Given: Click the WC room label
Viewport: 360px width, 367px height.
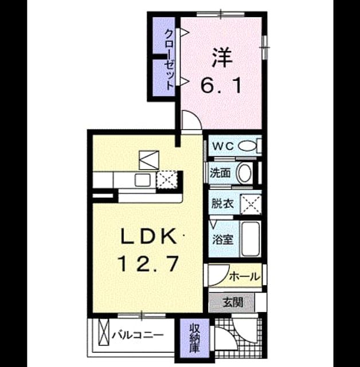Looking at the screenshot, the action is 223,147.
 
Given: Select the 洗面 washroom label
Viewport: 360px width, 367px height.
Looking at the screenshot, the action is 220,173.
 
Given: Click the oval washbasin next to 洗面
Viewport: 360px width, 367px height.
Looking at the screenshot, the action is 244,173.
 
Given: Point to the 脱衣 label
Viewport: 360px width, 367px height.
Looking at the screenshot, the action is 222,204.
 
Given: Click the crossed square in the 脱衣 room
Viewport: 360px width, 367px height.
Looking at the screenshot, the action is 251,205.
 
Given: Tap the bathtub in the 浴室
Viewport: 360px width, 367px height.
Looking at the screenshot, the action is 251,239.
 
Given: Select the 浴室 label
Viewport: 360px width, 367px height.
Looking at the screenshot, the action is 222,239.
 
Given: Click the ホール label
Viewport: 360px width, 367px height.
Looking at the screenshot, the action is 245,276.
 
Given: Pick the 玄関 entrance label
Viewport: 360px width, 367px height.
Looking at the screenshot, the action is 233,303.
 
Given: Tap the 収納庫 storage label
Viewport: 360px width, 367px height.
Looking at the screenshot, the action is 194,338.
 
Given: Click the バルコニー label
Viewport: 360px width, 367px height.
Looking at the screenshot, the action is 138,335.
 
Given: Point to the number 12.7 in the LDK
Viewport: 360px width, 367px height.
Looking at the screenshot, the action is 149,263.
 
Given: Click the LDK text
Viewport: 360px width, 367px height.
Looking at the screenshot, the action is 148,236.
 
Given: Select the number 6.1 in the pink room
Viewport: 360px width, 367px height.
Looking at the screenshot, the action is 221,85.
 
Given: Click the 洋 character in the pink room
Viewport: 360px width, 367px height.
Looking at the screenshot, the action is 222,57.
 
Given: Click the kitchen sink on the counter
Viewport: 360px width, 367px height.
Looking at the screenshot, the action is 143,180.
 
